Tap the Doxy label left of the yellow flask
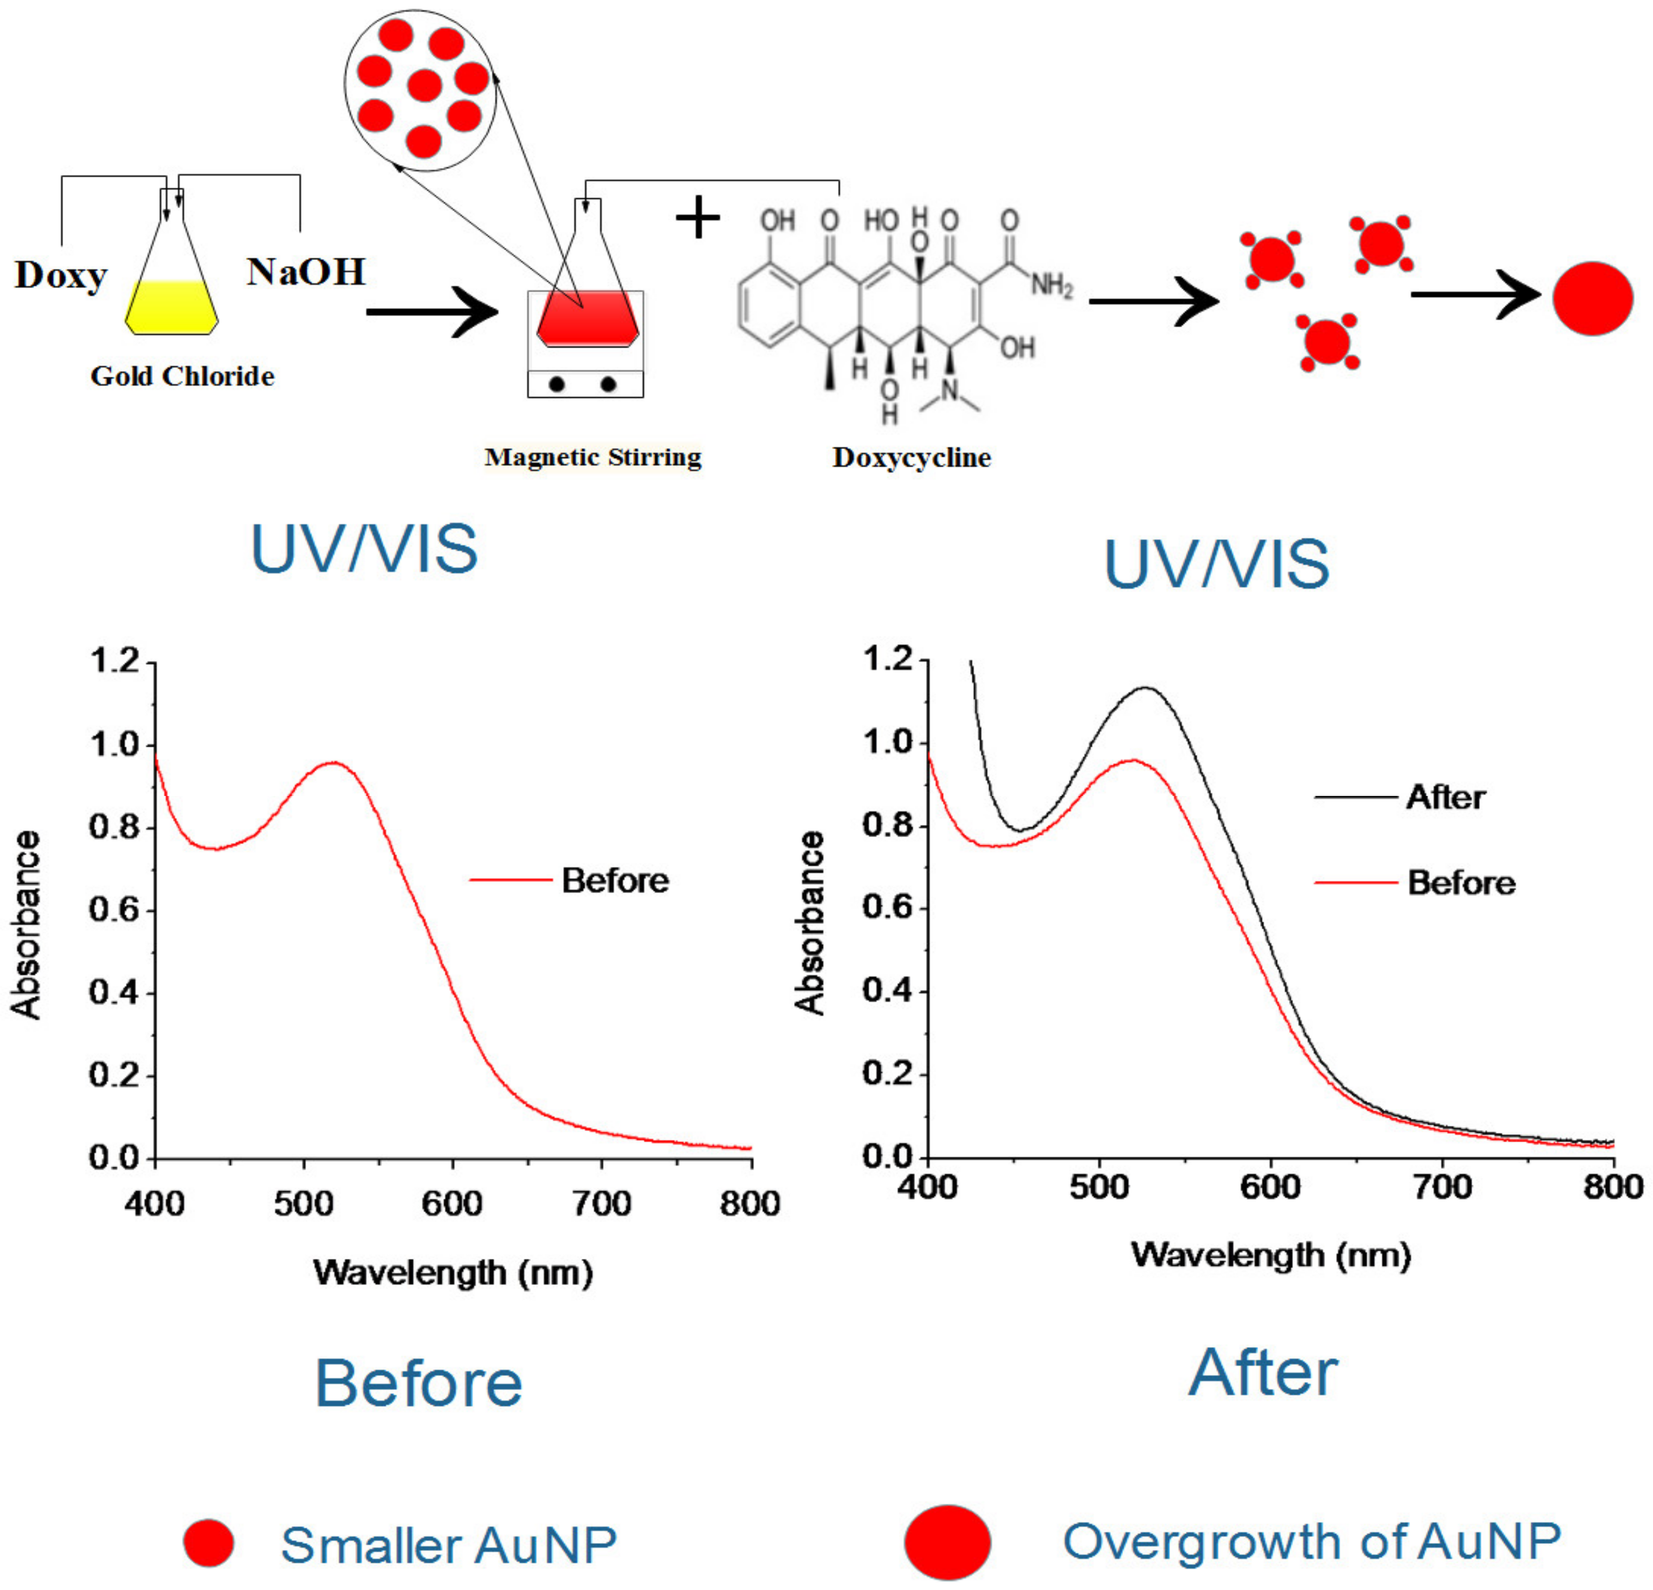(x=61, y=275)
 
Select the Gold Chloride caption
(x=182, y=376)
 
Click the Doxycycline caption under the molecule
(x=911, y=457)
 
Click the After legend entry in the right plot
(x=1445, y=797)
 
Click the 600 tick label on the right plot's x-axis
(x=1270, y=1187)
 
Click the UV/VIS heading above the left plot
(x=364, y=549)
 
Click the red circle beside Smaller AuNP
(x=208, y=1543)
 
